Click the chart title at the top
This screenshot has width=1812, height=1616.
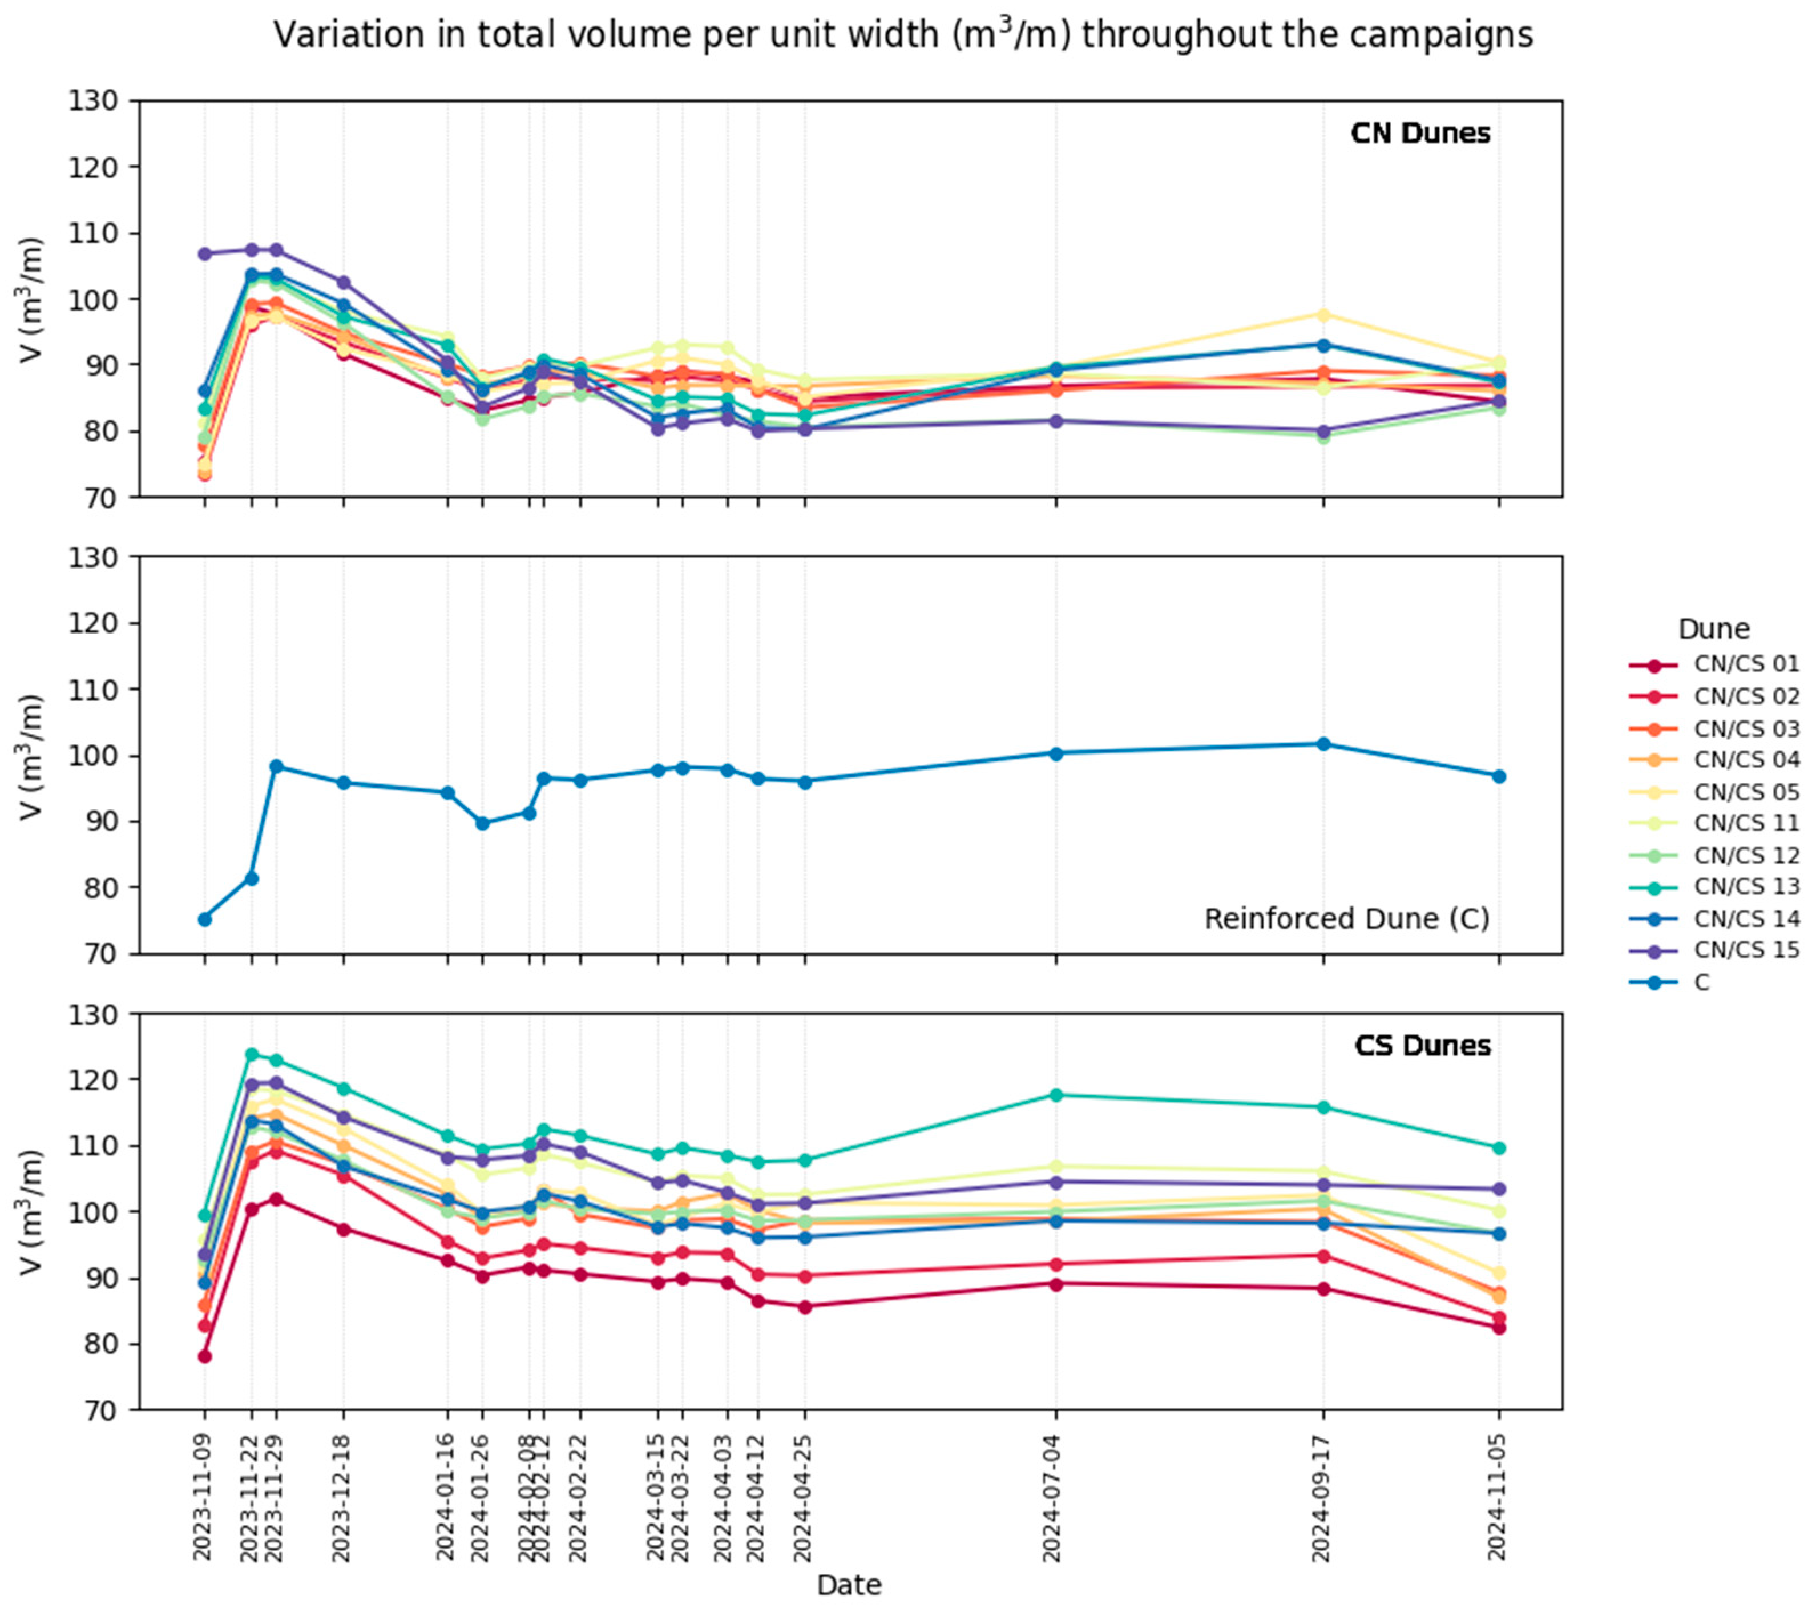903,35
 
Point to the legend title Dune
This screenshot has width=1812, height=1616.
1713,628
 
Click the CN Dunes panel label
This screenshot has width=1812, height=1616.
1420,133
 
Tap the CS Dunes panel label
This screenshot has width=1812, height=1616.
1422,1046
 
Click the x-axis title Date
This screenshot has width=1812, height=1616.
849,1585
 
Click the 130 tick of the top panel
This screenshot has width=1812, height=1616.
91,101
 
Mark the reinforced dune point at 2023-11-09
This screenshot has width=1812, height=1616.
204,919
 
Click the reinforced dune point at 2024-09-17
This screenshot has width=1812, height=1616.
1323,744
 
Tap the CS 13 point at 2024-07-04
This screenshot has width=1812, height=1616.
1056,1095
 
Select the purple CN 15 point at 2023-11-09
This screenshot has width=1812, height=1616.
204,254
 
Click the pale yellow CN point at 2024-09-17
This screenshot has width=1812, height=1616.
1323,315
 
